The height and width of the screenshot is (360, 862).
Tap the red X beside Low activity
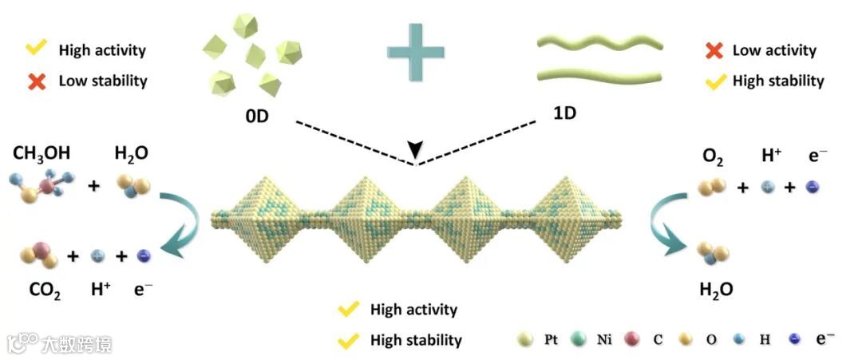[x=714, y=50]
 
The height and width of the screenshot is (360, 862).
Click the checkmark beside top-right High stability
[x=714, y=80]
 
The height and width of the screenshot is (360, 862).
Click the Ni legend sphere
[x=576, y=339]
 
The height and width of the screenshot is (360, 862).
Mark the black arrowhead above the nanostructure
[x=414, y=150]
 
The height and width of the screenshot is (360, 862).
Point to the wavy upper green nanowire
[x=599, y=41]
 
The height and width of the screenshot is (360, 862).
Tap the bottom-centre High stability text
[x=416, y=340]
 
